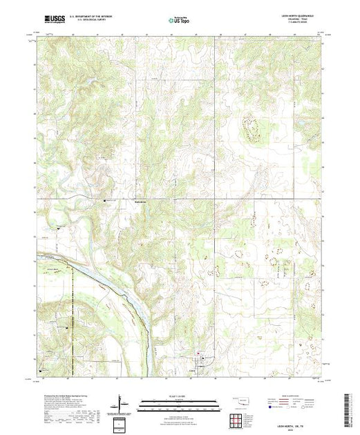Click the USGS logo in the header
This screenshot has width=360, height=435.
click(53, 20)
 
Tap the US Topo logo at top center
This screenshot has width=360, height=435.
click(180, 21)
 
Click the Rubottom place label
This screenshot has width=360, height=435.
click(141, 201)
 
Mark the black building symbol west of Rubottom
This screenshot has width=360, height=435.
click(104, 200)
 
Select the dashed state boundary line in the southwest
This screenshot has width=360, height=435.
click(72, 331)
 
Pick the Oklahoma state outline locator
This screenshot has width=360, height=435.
click(240, 400)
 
